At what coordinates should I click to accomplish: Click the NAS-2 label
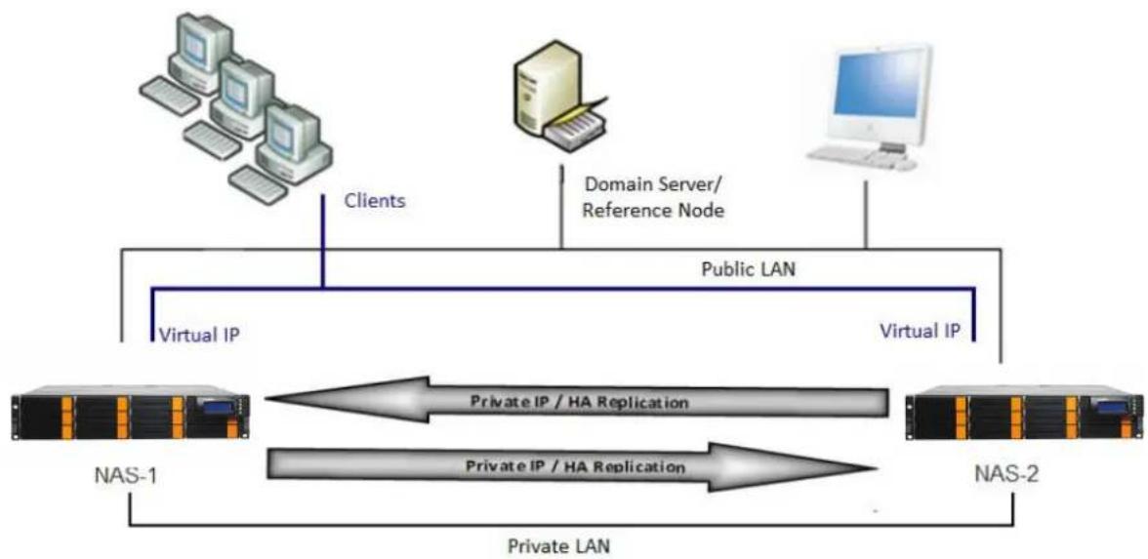click(x=1005, y=475)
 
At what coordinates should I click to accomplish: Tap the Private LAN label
click(x=558, y=546)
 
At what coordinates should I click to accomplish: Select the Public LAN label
click(x=748, y=268)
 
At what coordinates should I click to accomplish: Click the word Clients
click(x=374, y=201)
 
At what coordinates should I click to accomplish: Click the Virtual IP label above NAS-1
click(x=200, y=335)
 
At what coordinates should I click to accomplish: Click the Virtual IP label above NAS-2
click(x=920, y=331)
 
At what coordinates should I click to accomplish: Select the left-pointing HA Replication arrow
click(x=576, y=401)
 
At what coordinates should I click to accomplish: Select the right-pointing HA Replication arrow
click(x=571, y=466)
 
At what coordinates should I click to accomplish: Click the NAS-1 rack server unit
click(x=131, y=418)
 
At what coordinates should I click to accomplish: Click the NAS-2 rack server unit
click(x=1024, y=417)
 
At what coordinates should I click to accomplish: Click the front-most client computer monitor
click(x=291, y=137)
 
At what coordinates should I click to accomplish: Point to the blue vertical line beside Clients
click(x=323, y=239)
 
